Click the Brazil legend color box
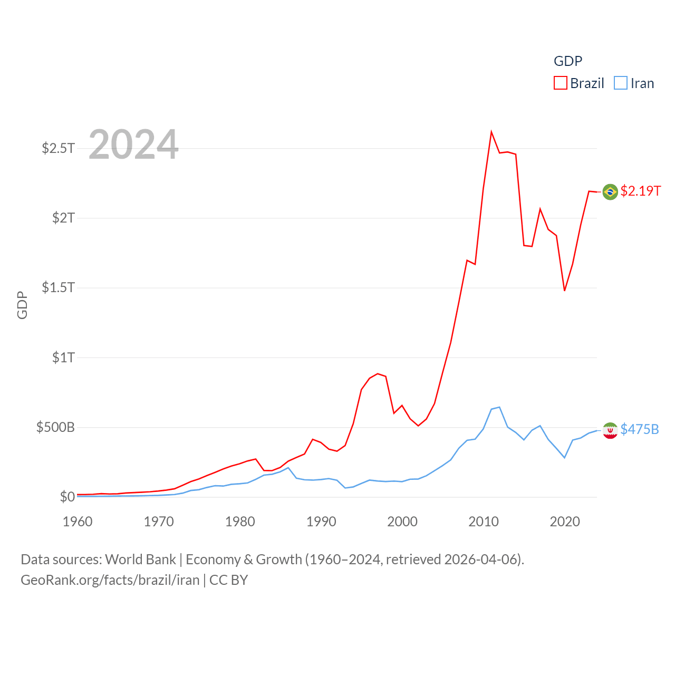pyautogui.click(x=560, y=83)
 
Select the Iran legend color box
pyautogui.click(x=621, y=83)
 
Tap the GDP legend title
pyautogui.click(x=567, y=61)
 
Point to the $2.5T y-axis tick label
pyautogui.click(x=58, y=148)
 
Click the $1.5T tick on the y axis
pyautogui.click(x=58, y=287)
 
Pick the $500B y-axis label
pyautogui.click(x=55, y=427)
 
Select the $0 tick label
pyautogui.click(x=67, y=497)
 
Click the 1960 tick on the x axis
pyautogui.click(x=78, y=522)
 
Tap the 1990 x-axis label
pyautogui.click(x=321, y=522)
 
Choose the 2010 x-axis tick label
pyautogui.click(x=484, y=522)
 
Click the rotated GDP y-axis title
pyautogui.click(x=22, y=305)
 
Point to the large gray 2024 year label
pyautogui.click(x=133, y=144)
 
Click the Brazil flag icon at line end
pyautogui.click(x=610, y=191)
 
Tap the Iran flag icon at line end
pyautogui.click(x=610, y=430)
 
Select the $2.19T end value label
pyautogui.click(x=640, y=191)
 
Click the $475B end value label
pyautogui.click(x=639, y=429)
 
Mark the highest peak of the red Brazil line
pyautogui.click(x=491, y=132)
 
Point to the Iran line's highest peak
pyautogui.click(x=499, y=407)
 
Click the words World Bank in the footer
pyautogui.click(x=140, y=560)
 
